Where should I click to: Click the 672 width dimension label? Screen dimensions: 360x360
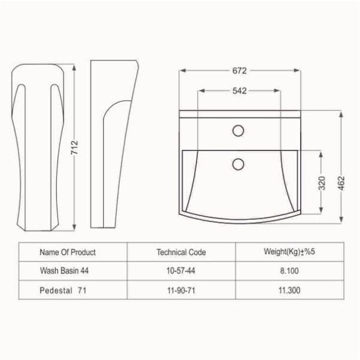(x=240, y=71)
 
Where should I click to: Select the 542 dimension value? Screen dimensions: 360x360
(x=240, y=91)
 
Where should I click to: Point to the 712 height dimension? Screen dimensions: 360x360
(x=75, y=148)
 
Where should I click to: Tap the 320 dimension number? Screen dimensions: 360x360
(x=322, y=183)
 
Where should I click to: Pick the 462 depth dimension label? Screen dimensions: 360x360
(x=341, y=183)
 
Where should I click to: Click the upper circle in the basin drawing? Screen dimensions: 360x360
(x=238, y=131)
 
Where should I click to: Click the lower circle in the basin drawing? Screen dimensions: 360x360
(x=238, y=164)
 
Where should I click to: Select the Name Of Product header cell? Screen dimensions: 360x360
(x=68, y=252)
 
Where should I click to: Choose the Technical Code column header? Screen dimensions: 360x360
(x=181, y=252)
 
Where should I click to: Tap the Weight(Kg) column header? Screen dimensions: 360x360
(x=289, y=252)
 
